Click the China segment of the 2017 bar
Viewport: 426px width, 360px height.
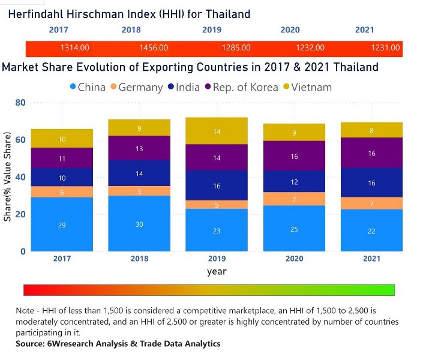[x=62, y=224]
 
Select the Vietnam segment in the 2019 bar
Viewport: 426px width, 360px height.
[x=217, y=131]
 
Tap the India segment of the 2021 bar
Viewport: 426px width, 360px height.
[x=371, y=182]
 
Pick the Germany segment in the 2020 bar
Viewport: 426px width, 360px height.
[x=294, y=199]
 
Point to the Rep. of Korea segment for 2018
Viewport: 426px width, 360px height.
[x=139, y=148]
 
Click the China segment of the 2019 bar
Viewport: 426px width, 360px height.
[x=217, y=230]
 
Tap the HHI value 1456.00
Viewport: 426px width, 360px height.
[x=154, y=47]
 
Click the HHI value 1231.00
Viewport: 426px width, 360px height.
[x=385, y=47]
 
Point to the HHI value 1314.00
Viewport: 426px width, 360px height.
[x=75, y=47]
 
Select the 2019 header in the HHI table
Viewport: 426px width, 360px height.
[x=211, y=29]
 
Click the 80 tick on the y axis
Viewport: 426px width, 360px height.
[x=20, y=103]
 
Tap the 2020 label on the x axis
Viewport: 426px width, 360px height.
[x=294, y=259]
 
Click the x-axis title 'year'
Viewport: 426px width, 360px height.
[x=217, y=271]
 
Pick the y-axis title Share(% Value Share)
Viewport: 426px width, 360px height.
[x=8, y=180]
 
